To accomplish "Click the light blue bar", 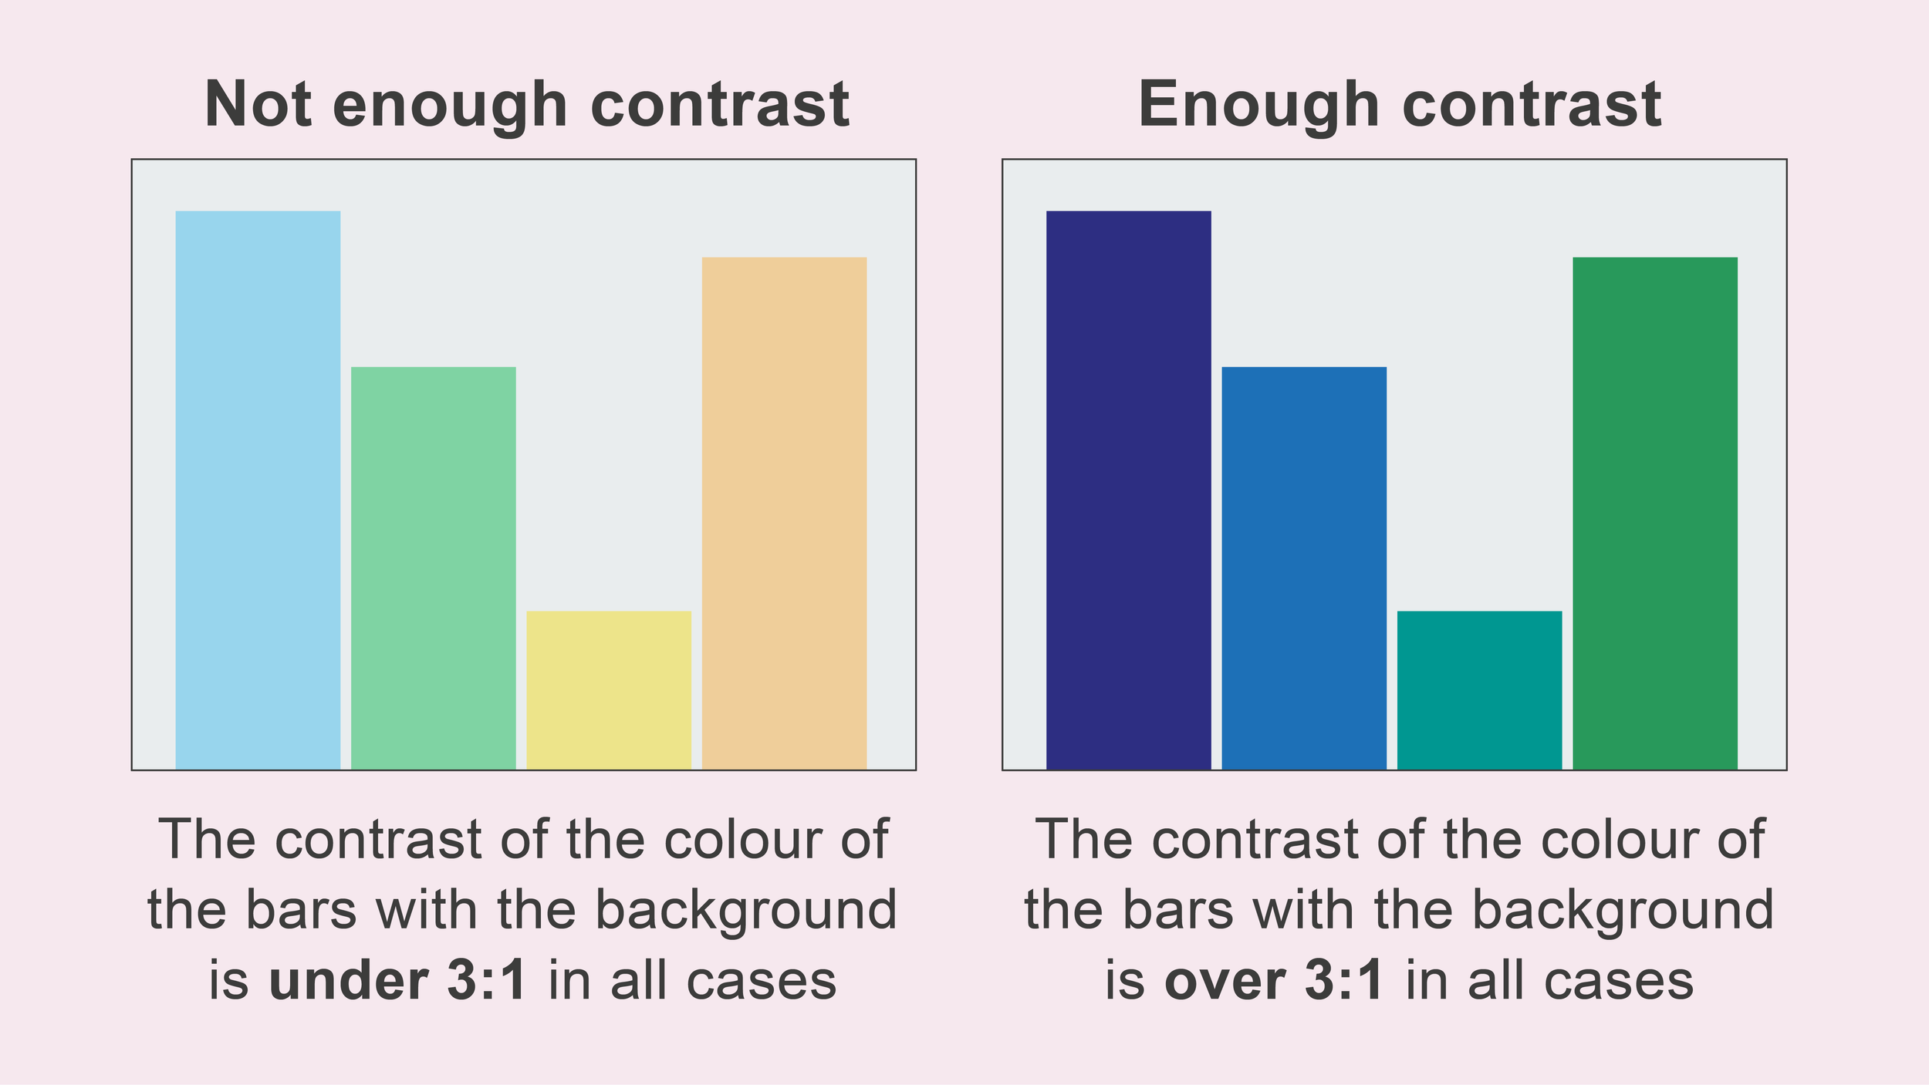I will click(x=258, y=490).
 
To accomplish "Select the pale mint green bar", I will click(x=433, y=568).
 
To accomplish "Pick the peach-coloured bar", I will click(x=784, y=513).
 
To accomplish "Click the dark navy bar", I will click(x=1128, y=490).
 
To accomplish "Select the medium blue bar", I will click(x=1304, y=568).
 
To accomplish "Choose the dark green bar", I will click(x=1655, y=513).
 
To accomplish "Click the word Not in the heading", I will click(x=258, y=104).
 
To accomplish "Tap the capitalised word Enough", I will click(x=1258, y=106).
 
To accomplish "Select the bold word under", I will click(x=349, y=981).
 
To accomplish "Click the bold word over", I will click(x=1224, y=981).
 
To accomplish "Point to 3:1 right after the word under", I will click(x=487, y=981).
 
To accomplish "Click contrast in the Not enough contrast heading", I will click(x=719, y=104).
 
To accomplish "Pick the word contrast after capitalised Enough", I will click(x=1531, y=104).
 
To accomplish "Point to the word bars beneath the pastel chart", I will click(x=302, y=910).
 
